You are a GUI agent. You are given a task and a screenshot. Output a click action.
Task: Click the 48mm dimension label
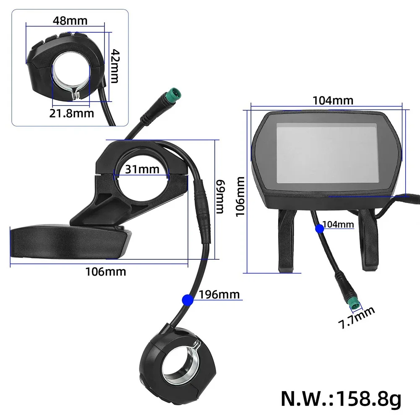pyautogui.click(x=70, y=21)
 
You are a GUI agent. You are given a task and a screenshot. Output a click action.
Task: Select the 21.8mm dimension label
pyautogui.click(x=71, y=113)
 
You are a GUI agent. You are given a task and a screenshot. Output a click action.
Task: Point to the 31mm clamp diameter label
pyautogui.click(x=142, y=169)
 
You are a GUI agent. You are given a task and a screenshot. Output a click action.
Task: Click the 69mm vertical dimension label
pyautogui.click(x=220, y=197)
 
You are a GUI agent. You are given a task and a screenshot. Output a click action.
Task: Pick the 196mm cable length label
pyautogui.click(x=219, y=295)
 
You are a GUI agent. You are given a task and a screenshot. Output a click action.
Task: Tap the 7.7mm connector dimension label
pyautogui.click(x=356, y=318)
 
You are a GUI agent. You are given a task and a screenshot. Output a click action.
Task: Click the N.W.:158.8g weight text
pyautogui.click(x=341, y=399)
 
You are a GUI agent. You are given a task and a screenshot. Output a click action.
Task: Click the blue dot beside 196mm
pyautogui.click(x=188, y=300)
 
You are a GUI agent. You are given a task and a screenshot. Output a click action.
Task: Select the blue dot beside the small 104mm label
pyautogui.click(x=320, y=229)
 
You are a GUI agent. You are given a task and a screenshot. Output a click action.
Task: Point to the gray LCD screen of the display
pyautogui.click(x=327, y=153)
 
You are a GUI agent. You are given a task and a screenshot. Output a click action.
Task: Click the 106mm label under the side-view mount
pyautogui.click(x=106, y=271)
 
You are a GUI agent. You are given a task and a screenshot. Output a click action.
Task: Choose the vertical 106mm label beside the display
pyautogui.click(x=240, y=197)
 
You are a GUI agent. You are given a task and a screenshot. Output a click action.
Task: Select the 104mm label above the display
pyautogui.click(x=333, y=100)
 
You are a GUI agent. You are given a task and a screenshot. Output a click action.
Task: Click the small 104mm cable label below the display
pyautogui.click(x=338, y=224)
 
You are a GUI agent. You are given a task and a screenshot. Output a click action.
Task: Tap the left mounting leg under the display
pyautogui.click(x=286, y=240)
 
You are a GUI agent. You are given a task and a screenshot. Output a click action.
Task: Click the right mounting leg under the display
pyautogui.click(x=369, y=240)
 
